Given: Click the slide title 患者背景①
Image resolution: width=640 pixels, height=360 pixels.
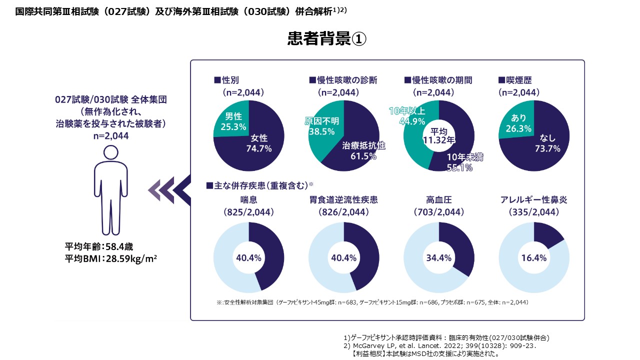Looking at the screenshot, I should (x=327, y=39).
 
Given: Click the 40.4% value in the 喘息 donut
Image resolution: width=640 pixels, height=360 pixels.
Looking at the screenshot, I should (x=248, y=258).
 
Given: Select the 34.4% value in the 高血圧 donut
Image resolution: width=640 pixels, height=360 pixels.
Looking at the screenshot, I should (x=438, y=258).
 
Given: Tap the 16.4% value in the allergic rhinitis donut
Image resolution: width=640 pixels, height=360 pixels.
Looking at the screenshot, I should (x=533, y=258).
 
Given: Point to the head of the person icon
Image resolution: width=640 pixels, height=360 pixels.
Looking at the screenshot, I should (x=111, y=154).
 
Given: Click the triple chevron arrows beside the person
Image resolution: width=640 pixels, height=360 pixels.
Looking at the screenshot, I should (x=168, y=190).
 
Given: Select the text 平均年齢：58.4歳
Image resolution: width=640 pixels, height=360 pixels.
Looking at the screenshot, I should (x=99, y=246).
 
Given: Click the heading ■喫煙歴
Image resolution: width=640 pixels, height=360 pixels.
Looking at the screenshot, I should (x=518, y=80).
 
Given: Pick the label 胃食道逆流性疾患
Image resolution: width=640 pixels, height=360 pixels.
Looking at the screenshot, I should (x=343, y=200).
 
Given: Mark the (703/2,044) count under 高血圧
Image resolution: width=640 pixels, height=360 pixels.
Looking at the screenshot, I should (x=438, y=212).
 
